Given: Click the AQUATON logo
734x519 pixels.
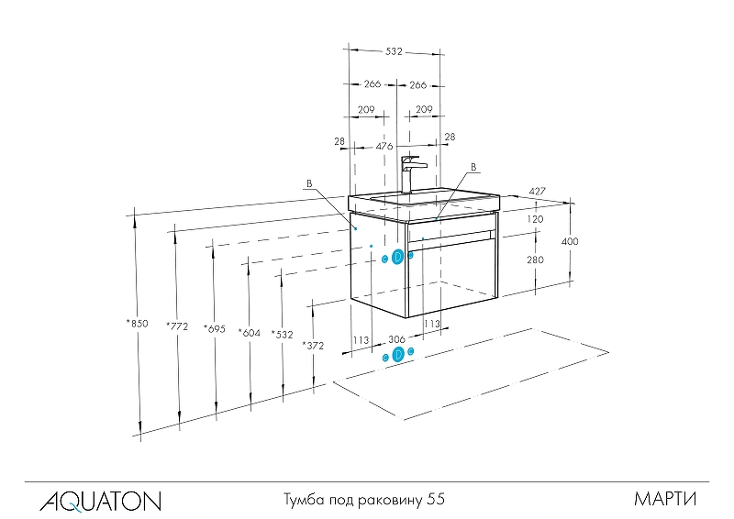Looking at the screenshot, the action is pos(100,501).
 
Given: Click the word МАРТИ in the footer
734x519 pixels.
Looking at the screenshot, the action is pos(665,500).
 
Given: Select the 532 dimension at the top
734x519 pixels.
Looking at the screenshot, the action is pos(394,51).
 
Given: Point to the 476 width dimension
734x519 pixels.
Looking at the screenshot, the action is pos(384,146).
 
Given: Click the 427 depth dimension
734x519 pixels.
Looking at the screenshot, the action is pos(538,192).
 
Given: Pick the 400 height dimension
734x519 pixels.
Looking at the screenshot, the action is pos(570,241).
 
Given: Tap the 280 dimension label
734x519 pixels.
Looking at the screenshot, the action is pos(535,259).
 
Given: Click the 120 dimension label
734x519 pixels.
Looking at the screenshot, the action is pos(535,219).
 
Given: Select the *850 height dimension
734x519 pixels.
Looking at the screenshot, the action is pos(137,323).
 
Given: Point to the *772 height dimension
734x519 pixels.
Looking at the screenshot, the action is pos(177,326).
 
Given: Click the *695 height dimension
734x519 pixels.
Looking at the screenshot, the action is pos(215,329).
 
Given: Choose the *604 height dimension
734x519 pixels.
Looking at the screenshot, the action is pos(249,333).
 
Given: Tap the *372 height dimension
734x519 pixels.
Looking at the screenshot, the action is pos(313,346).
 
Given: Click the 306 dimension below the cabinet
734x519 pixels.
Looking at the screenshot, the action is pos(397,339).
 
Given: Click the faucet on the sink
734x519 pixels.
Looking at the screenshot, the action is pos(412,174).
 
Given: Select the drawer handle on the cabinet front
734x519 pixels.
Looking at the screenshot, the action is pos(450,237).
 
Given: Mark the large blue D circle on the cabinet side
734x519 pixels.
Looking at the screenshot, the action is pos(397,257).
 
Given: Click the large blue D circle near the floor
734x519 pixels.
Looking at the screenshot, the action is pos(398,354).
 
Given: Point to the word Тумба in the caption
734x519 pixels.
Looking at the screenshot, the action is pos(304,500).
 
